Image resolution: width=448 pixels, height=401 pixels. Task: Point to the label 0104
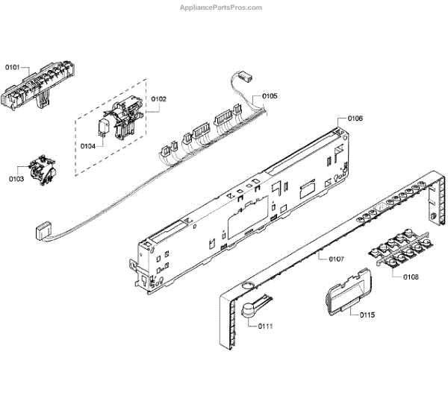click(x=88, y=146)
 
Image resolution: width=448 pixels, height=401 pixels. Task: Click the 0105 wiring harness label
click(x=270, y=97)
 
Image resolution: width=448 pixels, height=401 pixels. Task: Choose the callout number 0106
click(x=355, y=119)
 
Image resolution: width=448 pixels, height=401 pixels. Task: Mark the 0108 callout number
click(x=411, y=277)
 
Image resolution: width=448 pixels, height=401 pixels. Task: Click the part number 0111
click(x=267, y=326)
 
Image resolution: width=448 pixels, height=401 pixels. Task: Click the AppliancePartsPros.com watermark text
click(x=222, y=7)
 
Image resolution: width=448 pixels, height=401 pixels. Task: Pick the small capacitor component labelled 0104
click(x=104, y=128)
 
